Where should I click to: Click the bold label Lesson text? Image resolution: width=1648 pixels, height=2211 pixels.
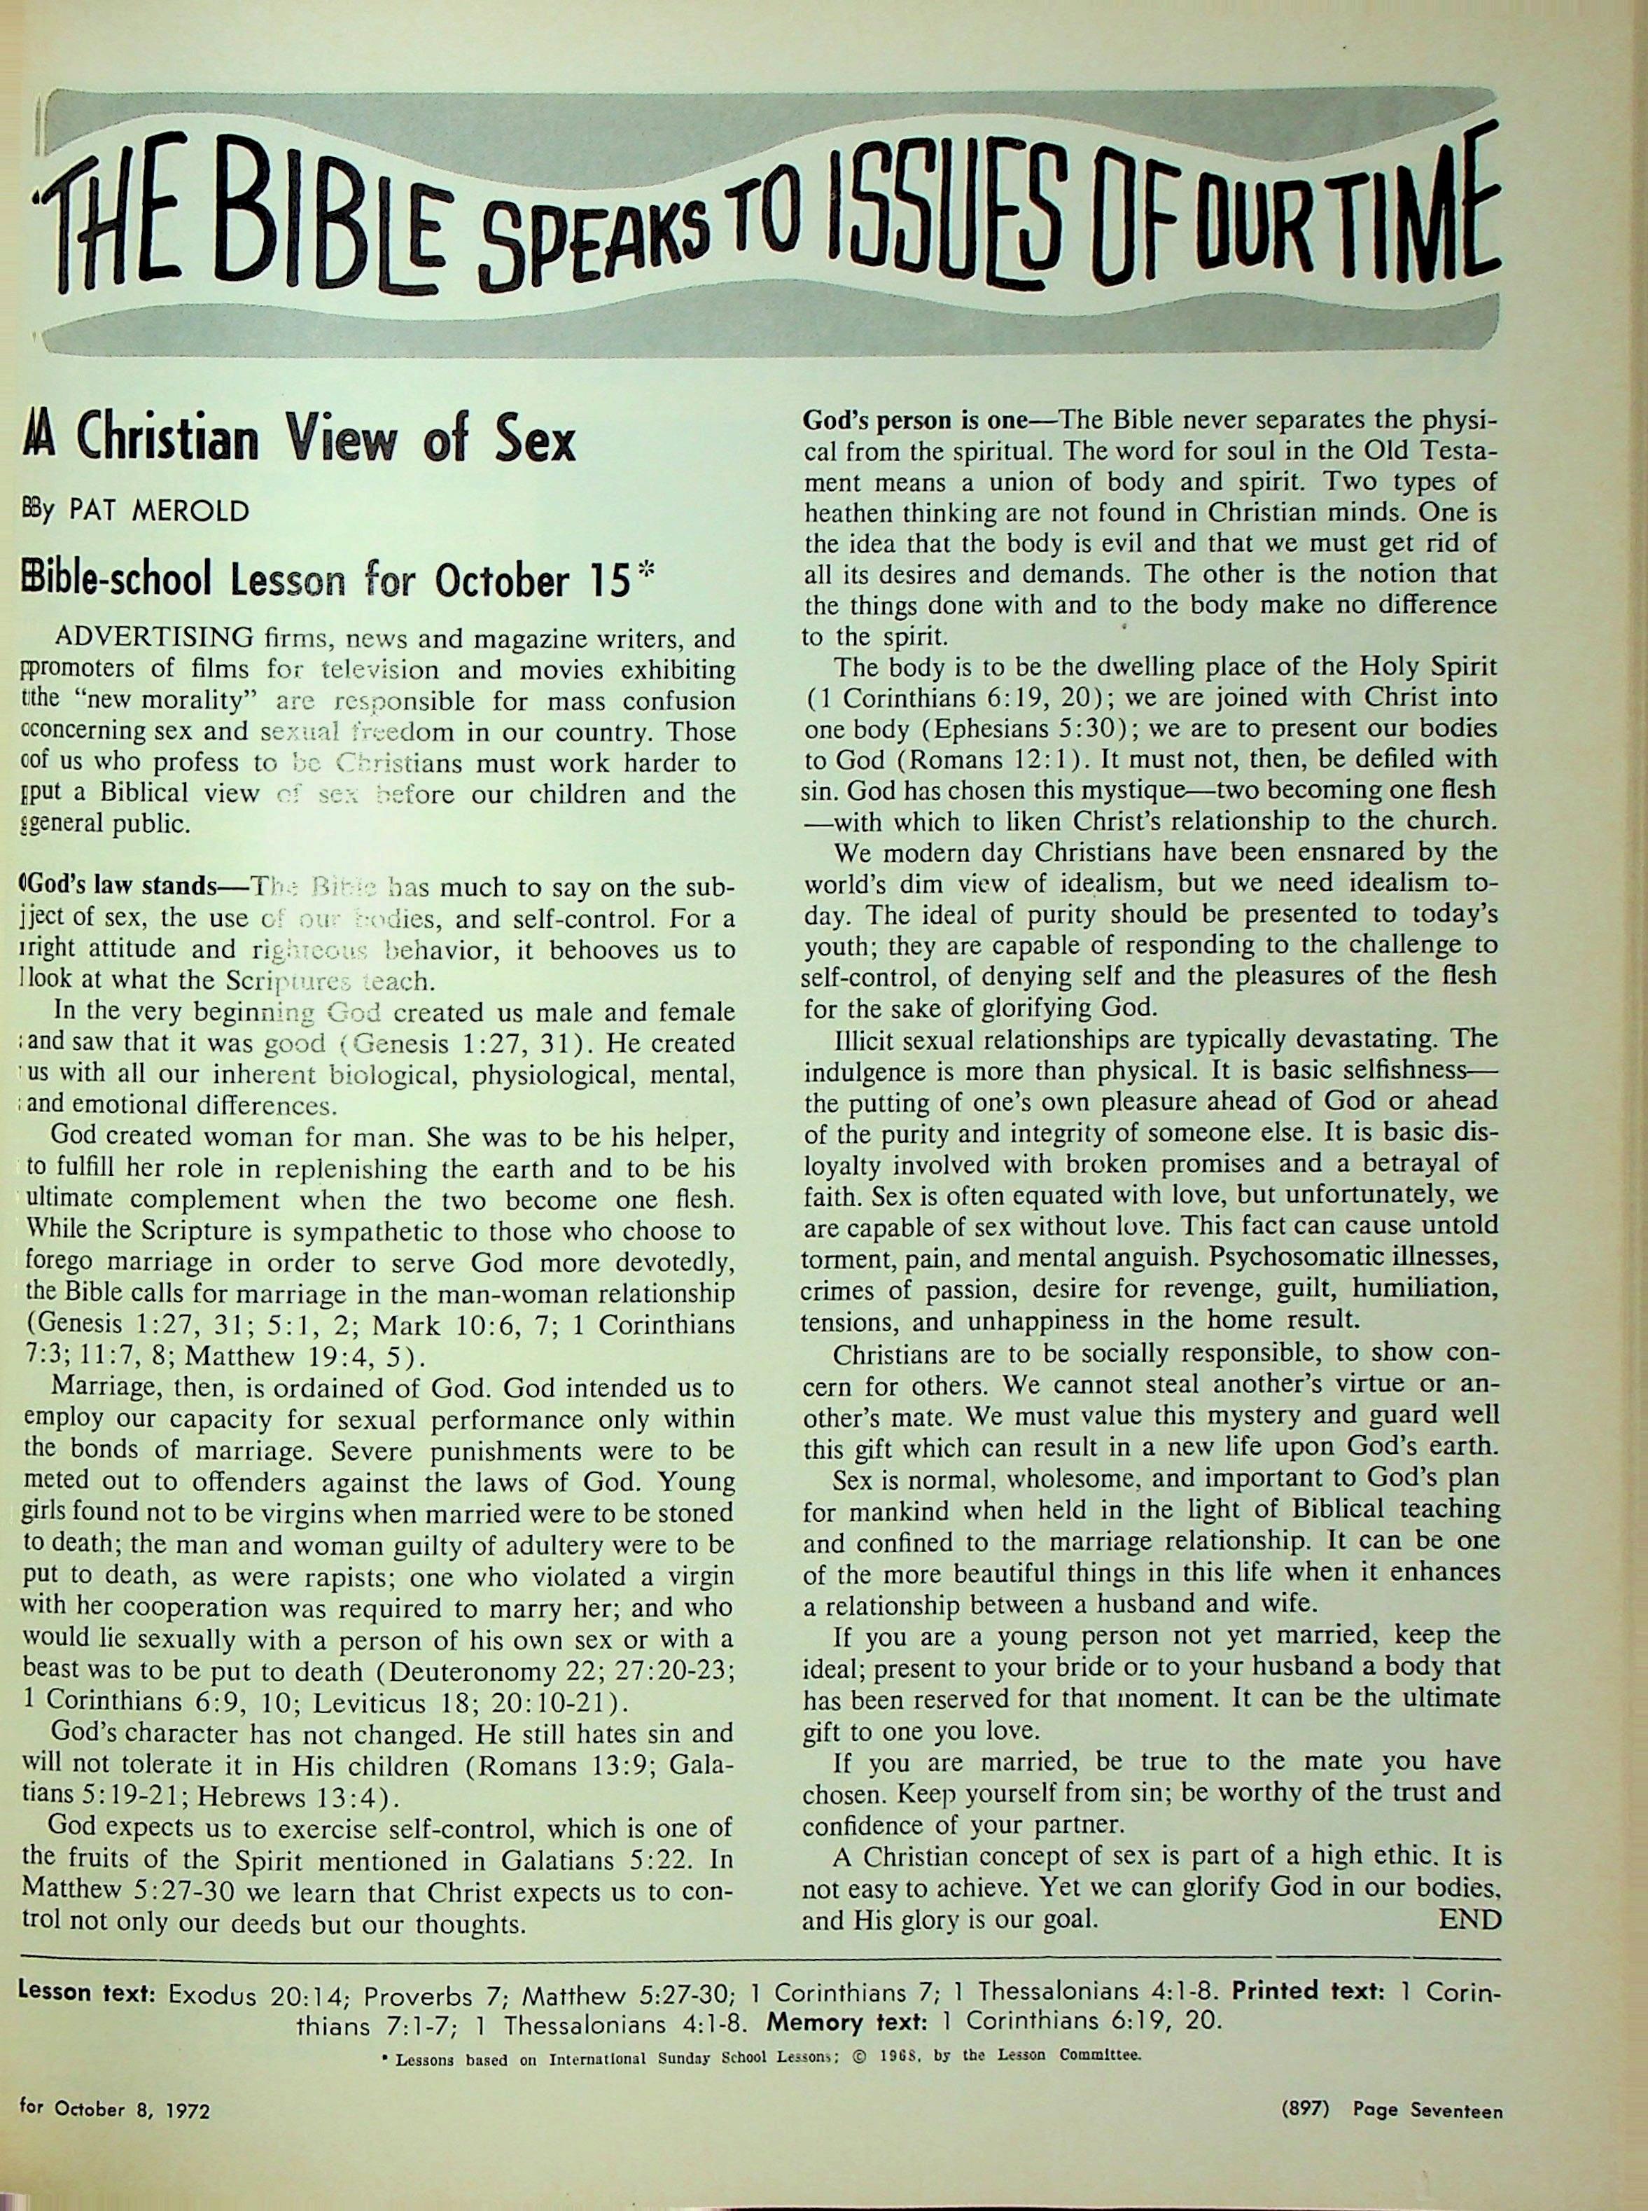point(87,1993)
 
